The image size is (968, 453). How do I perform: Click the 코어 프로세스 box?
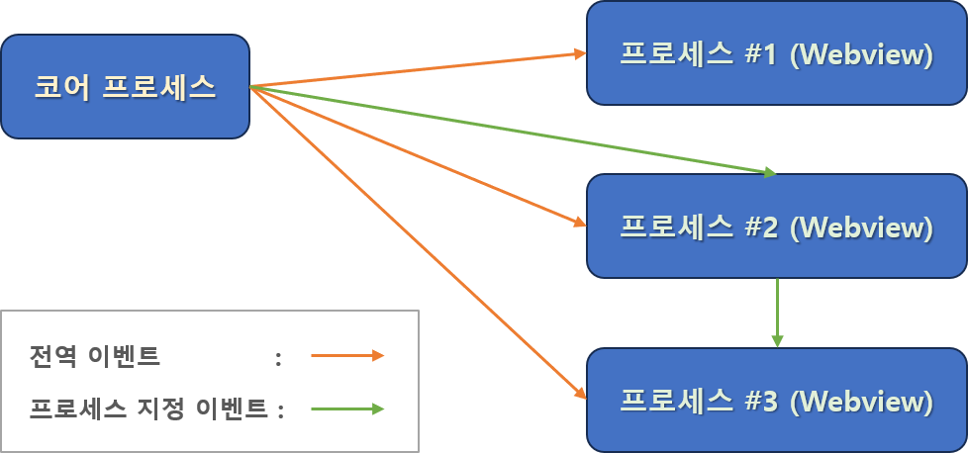pyautogui.click(x=125, y=87)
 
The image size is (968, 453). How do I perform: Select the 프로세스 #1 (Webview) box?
pyautogui.click(x=776, y=53)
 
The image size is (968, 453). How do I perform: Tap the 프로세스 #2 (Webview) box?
pyautogui.click(x=776, y=226)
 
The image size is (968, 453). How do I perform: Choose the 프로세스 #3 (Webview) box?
pyautogui.click(x=776, y=400)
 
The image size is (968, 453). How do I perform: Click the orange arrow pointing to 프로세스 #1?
pyautogui.click(x=416, y=69)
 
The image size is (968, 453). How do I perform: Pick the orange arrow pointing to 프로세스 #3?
pyautogui.click(x=416, y=243)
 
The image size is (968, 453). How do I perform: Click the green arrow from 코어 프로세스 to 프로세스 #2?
pyautogui.click(x=515, y=131)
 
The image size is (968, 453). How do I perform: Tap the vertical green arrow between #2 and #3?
pyautogui.click(x=777, y=312)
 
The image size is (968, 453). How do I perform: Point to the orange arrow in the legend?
pyautogui.click(x=346, y=356)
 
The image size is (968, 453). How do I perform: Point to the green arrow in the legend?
pyautogui.click(x=346, y=408)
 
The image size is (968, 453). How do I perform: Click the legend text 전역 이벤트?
pyautogui.click(x=95, y=356)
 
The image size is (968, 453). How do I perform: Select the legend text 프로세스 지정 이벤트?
pyautogui.click(x=148, y=408)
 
